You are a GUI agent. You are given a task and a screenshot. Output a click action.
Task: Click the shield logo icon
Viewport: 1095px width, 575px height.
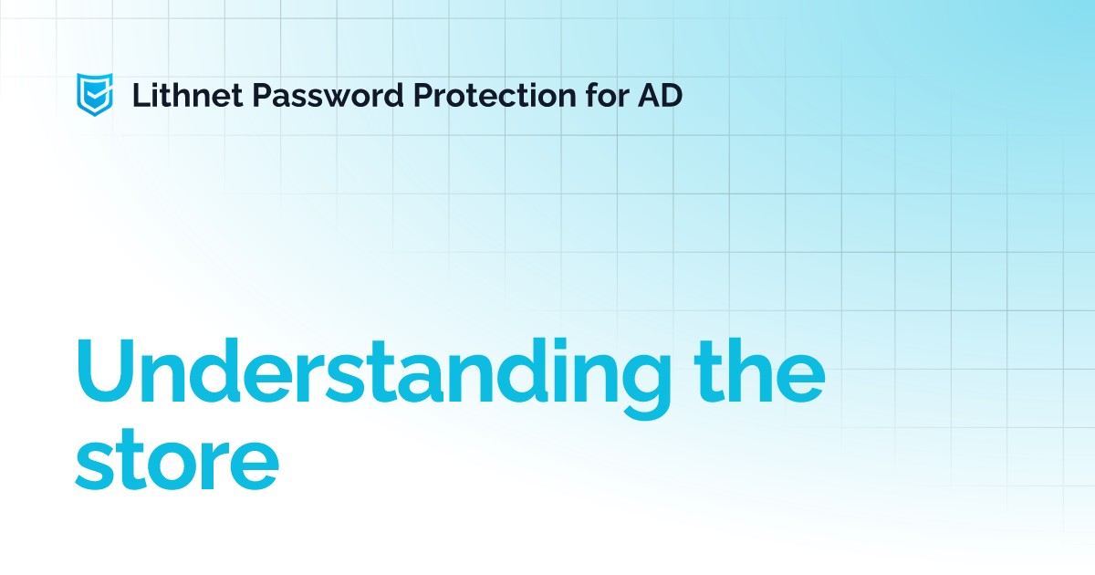94,94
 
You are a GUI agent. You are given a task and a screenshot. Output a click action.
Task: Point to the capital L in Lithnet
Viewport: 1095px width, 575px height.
141,94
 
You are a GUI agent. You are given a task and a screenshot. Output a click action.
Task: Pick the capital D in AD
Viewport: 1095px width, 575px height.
671,94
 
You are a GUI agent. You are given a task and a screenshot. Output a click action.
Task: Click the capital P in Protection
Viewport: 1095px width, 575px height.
423,94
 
